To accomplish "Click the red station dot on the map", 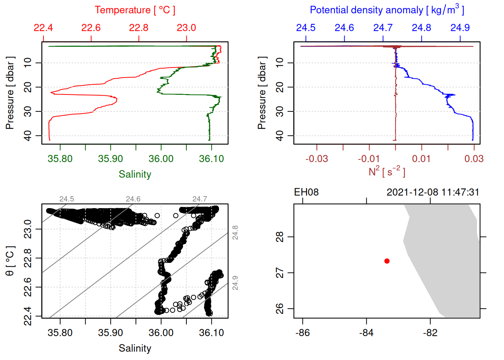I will (387, 261).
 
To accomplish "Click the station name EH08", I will (306, 192).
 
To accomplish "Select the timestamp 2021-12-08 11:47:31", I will (432, 192).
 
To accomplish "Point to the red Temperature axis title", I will (135, 10).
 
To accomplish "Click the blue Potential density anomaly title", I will (387, 10).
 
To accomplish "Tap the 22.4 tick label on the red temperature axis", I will (43, 28).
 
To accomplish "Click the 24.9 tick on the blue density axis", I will (460, 28).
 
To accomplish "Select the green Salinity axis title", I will (135, 174).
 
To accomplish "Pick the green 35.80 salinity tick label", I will (60, 159).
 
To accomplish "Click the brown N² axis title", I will (387, 172).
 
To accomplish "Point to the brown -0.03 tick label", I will (316, 159).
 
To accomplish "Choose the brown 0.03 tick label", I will (474, 159).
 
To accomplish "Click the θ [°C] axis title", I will (10, 261).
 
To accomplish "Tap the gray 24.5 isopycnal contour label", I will (67, 199).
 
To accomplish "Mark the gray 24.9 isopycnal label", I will (235, 283).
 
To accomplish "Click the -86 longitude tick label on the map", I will (303, 333).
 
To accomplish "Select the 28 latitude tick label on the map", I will (280, 237).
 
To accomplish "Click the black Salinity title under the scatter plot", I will (135, 348).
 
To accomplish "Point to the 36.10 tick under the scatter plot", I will (211, 333).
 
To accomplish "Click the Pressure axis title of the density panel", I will (262, 93).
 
